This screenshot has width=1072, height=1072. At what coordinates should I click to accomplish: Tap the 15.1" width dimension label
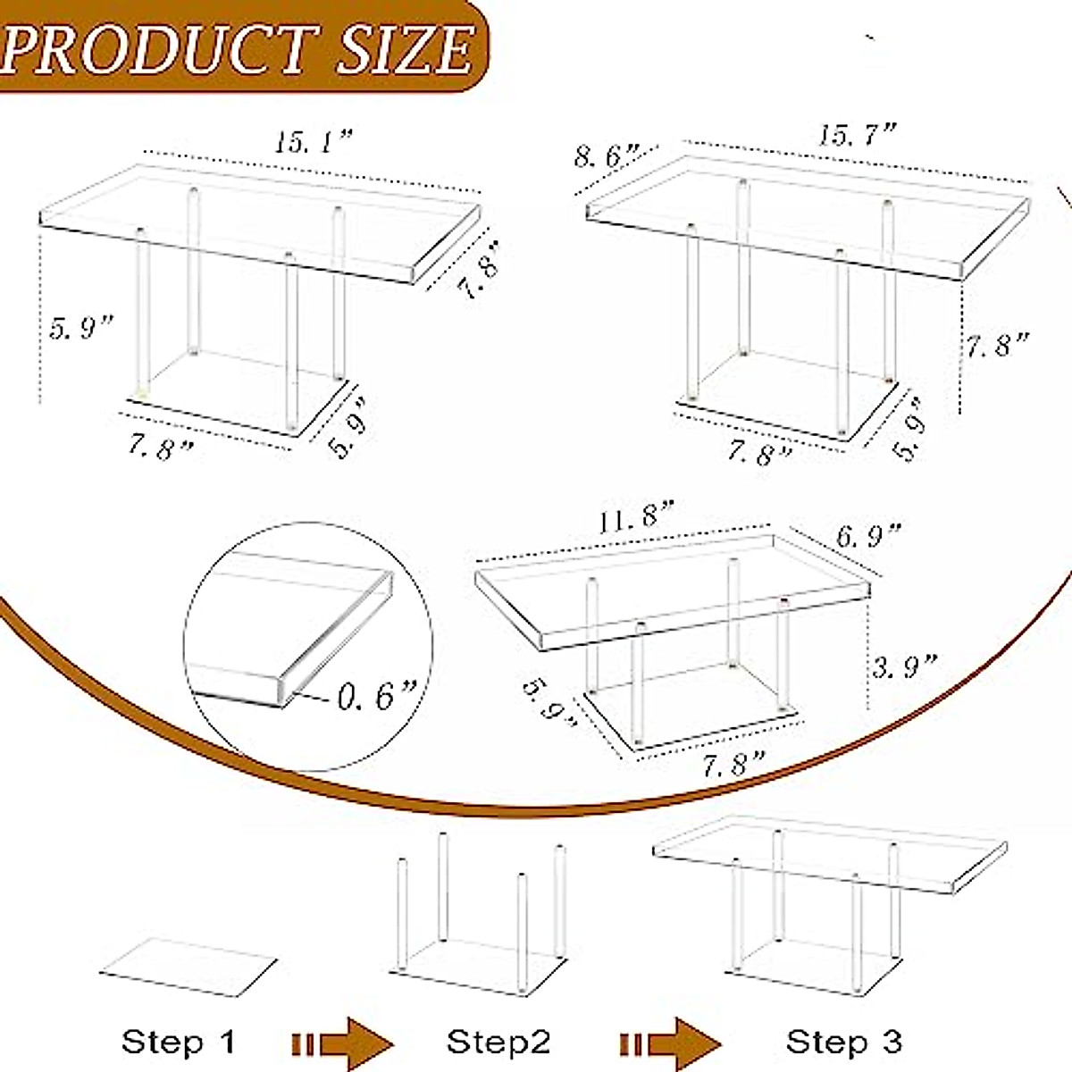(x=314, y=142)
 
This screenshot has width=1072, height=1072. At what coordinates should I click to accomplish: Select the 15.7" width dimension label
(x=857, y=135)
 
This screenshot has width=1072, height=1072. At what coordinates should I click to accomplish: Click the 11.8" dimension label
(x=635, y=517)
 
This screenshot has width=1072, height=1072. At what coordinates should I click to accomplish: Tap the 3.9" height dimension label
(x=904, y=666)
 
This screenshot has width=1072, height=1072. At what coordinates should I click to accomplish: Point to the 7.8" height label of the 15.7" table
(x=997, y=344)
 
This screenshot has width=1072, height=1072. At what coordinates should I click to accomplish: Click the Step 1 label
(x=178, y=1042)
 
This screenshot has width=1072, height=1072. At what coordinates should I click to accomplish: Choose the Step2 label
(x=498, y=1042)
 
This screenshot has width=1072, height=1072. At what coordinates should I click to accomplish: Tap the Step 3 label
(x=843, y=1042)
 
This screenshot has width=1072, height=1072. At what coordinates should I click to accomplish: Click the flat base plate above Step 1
(x=188, y=967)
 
